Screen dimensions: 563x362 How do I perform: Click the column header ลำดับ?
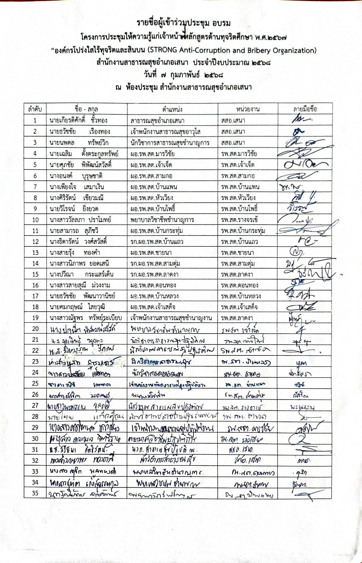pos(35,109)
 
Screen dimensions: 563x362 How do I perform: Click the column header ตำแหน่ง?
pos(172,109)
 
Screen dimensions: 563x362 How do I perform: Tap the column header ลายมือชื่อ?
pos(305,109)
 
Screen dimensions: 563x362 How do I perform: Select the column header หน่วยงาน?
pos(248,109)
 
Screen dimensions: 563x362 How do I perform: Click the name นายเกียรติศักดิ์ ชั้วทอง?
pos(78,120)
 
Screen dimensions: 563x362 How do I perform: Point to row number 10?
pos(35,220)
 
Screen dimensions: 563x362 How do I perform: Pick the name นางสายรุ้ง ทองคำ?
pos(75,252)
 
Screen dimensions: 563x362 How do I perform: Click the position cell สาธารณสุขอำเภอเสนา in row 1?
pos(157,121)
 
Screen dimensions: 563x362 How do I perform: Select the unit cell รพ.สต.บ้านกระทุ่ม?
pos(243,231)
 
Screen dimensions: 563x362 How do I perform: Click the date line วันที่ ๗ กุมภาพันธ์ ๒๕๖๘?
pos(183,75)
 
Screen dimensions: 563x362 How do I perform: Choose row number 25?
pos(35,383)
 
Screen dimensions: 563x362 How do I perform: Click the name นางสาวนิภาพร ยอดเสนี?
pos(79,263)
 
